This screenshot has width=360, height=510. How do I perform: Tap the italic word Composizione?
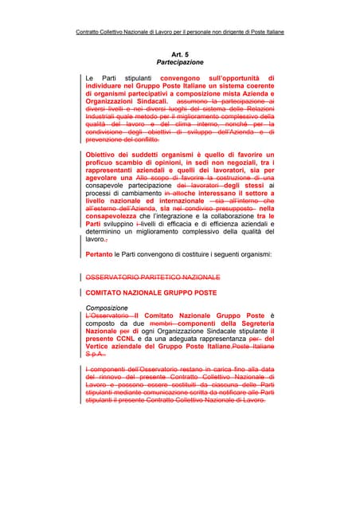click(107, 308)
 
